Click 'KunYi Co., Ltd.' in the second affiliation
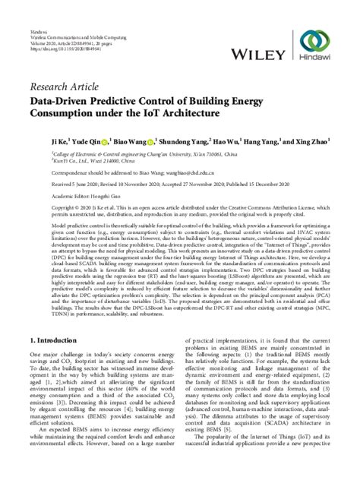(53, 161)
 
